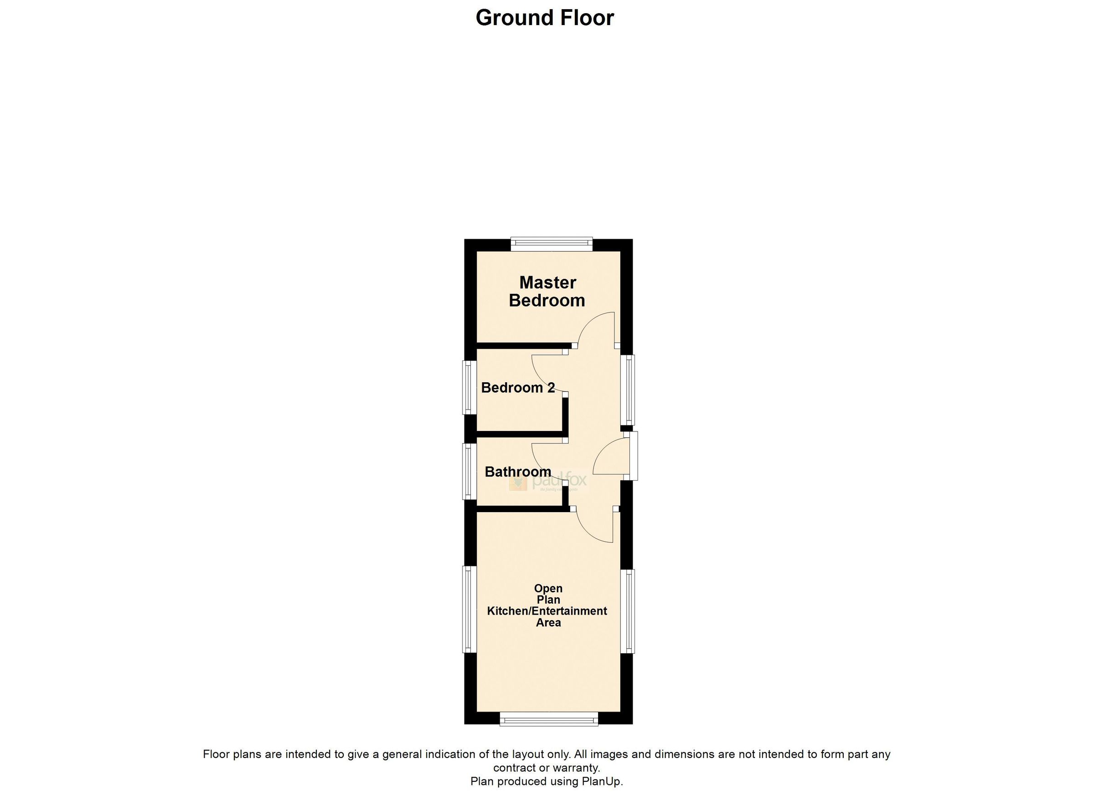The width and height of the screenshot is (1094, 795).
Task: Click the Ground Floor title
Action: tap(545, 18)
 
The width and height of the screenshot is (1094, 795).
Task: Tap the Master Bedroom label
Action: tap(547, 291)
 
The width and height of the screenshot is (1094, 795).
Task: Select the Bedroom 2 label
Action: tap(517, 387)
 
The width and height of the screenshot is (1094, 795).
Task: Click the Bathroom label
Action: tap(517, 472)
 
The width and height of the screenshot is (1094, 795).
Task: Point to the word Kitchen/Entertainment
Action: tap(547, 611)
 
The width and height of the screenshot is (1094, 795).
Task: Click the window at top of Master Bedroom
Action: tap(552, 243)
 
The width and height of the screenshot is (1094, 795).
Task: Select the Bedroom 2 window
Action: tap(467, 388)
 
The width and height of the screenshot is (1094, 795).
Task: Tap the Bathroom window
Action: tap(467, 471)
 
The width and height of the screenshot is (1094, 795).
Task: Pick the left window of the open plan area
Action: tap(467, 610)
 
